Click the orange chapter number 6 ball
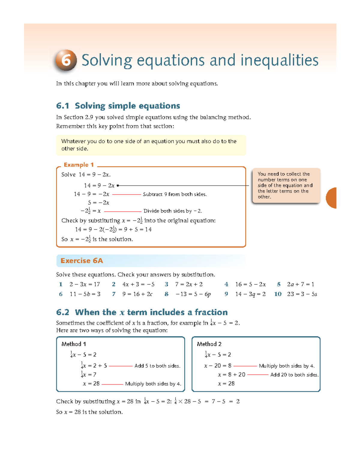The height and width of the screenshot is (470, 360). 66,60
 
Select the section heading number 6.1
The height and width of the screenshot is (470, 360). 62,106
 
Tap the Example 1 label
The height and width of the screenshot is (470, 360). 79,165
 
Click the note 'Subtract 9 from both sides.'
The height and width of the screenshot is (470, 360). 175,194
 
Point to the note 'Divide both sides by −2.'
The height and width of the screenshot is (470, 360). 172,211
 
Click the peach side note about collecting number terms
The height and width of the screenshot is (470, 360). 286,185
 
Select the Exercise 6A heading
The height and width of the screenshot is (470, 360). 82,261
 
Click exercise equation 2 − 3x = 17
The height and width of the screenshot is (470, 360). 85,284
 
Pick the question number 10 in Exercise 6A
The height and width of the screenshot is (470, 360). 278,294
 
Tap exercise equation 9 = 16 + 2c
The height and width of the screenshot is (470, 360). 137,294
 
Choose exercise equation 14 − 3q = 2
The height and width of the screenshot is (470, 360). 250,294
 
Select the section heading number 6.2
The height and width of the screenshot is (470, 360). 62,312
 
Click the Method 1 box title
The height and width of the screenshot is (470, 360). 73,344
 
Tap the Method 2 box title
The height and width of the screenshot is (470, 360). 209,344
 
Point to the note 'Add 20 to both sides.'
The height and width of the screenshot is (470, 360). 294,375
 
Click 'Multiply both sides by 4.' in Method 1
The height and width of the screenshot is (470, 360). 153,384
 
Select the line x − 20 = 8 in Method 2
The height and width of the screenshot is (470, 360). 217,366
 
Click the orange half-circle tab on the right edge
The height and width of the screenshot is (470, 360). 331,198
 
